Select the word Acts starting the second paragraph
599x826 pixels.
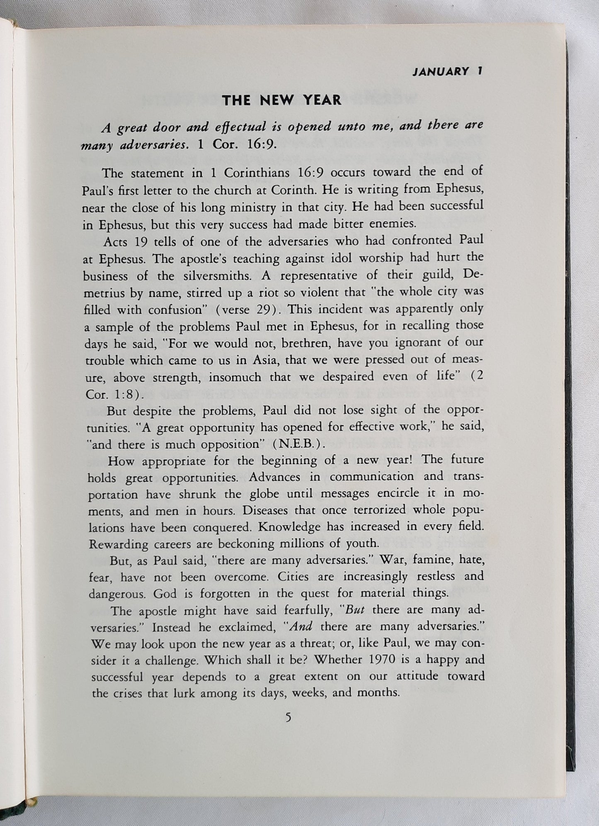(117, 241)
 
